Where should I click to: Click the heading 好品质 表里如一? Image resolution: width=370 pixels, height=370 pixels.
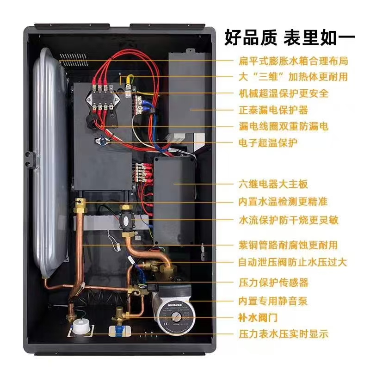click(290, 37)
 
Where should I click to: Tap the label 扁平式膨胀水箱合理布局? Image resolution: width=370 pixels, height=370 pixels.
click(293, 61)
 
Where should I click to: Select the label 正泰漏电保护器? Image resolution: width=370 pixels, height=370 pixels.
click(273, 110)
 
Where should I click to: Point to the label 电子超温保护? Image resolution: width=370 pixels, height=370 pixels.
click(268, 143)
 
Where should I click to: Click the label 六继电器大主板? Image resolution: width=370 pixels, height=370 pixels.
click(273, 184)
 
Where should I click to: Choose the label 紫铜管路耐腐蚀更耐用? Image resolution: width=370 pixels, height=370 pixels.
click(288, 245)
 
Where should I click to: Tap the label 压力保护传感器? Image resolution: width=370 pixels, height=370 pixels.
click(273, 283)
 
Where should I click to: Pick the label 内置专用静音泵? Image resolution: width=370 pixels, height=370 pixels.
click(273, 301)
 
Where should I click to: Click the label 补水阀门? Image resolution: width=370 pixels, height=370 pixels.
click(258, 318)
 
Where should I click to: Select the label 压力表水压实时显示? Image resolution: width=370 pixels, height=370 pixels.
click(284, 334)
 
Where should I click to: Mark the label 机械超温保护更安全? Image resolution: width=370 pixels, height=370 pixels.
click(284, 93)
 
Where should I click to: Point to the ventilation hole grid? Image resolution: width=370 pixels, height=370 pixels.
click(74, 60)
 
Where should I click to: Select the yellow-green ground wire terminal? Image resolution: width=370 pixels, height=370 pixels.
click(129, 81)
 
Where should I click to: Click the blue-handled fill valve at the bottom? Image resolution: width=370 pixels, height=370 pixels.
click(119, 328)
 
